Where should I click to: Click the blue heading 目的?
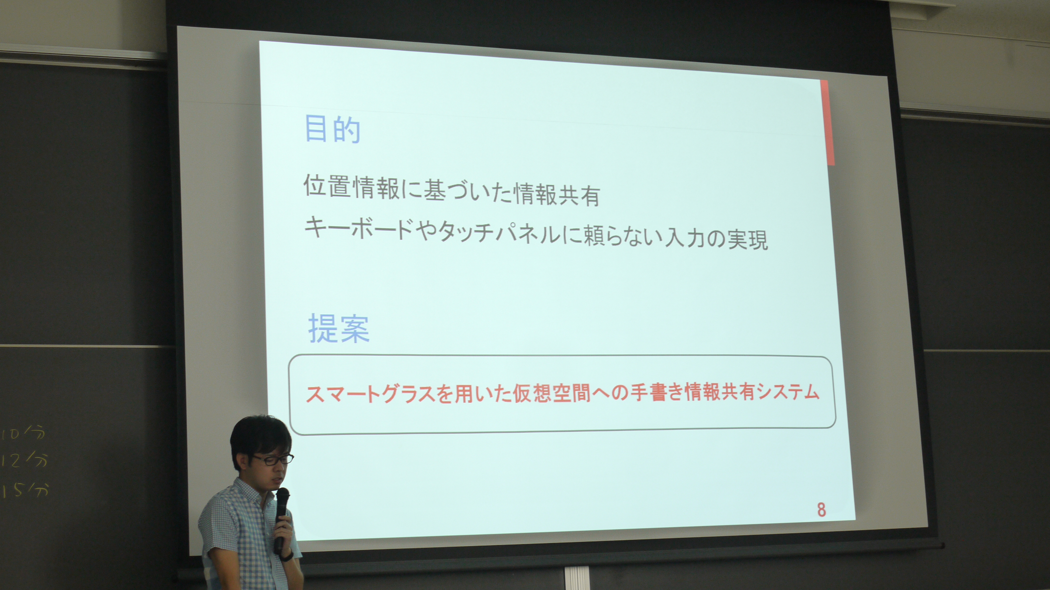tap(333, 130)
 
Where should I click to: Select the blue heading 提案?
tap(339, 328)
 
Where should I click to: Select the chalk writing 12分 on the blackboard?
tap(24, 460)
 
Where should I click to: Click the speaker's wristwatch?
tap(287, 555)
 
